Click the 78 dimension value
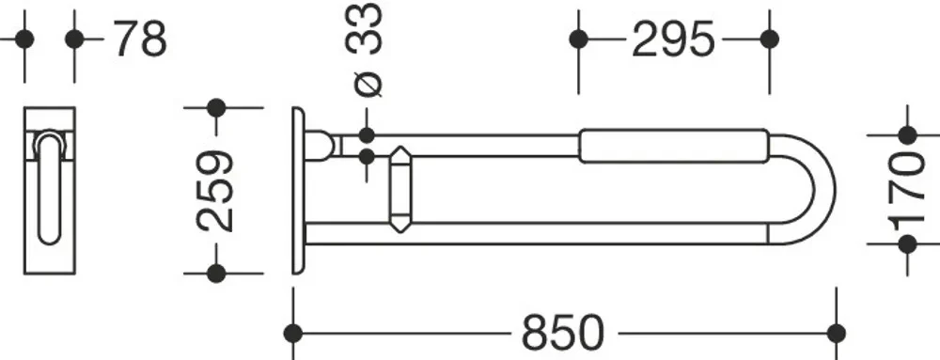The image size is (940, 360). [140, 39]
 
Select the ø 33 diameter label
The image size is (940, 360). [367, 49]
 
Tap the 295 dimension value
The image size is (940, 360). [673, 39]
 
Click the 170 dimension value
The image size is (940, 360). [908, 191]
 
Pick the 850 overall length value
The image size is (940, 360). [563, 333]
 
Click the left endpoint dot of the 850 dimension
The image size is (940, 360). [293, 333]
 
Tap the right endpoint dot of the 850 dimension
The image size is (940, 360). [836, 333]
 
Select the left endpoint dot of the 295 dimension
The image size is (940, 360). [578, 39]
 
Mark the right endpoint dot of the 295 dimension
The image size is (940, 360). [769, 39]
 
